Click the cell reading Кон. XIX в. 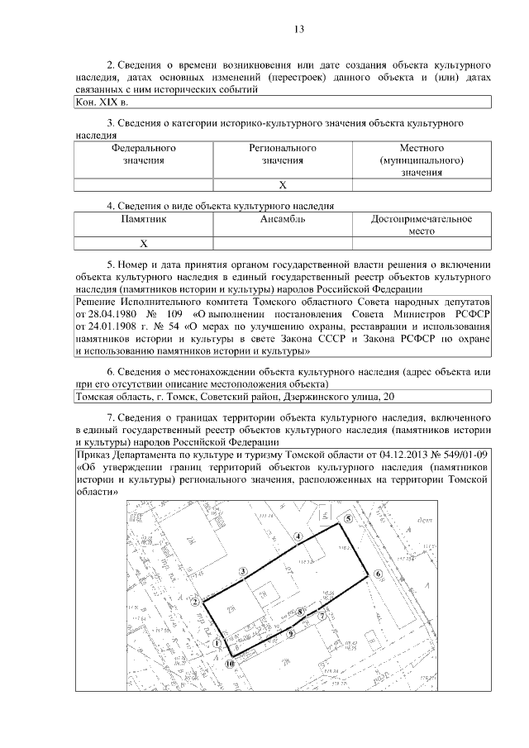[x=102, y=102]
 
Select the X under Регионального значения [x=282, y=185]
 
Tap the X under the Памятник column [x=143, y=244]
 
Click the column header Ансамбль [x=282, y=220]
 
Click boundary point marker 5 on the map [x=348, y=518]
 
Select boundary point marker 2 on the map [x=194, y=603]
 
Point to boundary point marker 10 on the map [x=231, y=662]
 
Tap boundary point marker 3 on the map [x=242, y=571]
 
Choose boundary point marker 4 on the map [x=297, y=536]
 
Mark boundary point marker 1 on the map [x=217, y=641]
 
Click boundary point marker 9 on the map [x=291, y=634]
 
